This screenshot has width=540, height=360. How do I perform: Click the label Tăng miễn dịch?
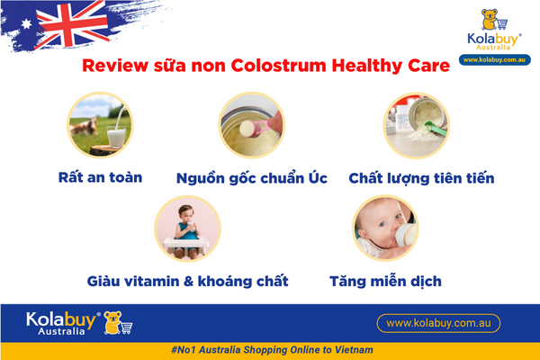coord(383,281)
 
